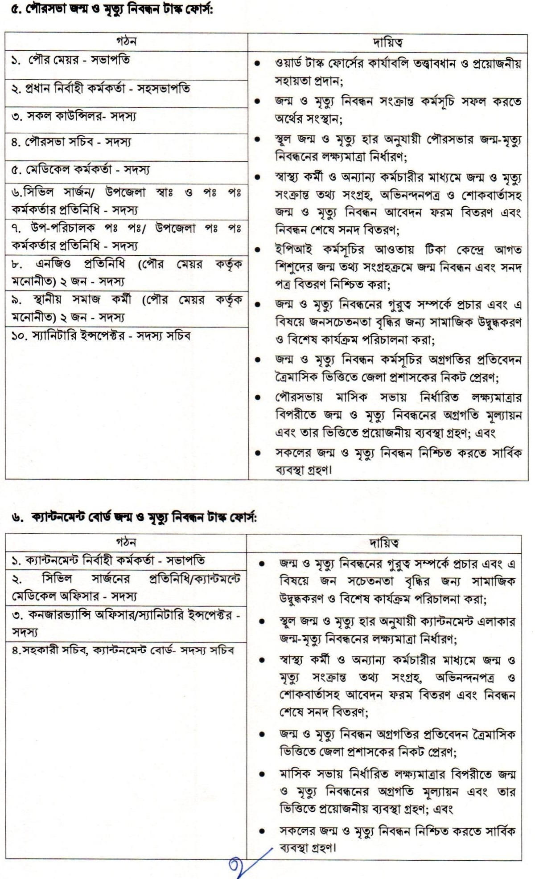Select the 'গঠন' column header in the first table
click(x=126, y=42)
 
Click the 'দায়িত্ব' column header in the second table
click(x=384, y=543)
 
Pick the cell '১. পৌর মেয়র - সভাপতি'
click(x=71, y=60)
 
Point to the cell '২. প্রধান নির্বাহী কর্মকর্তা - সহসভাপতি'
click(x=101, y=88)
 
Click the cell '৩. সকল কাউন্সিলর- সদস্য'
click(x=74, y=116)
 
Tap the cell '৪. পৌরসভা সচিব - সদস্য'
click(x=71, y=143)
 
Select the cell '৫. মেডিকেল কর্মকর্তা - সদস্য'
click(x=81, y=170)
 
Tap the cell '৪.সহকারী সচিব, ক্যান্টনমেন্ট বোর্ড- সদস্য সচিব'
click(x=123, y=650)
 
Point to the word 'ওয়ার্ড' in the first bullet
click(x=290, y=64)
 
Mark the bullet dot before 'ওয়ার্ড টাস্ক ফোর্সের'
click(x=257, y=64)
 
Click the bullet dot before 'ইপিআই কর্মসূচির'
click(x=257, y=250)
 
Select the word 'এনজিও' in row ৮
click(x=53, y=264)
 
